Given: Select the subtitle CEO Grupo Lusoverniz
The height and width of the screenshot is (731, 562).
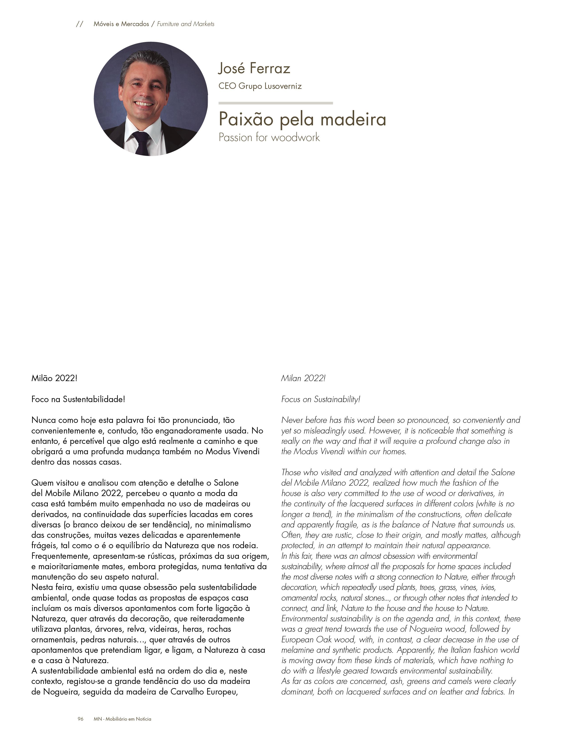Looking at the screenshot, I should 260,86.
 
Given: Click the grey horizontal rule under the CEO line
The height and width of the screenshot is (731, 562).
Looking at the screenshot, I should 275,103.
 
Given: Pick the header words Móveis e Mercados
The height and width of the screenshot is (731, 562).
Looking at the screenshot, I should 121,24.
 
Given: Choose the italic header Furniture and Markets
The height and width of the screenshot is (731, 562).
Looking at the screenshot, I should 186,24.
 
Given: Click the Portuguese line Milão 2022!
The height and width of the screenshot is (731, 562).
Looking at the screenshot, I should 54,378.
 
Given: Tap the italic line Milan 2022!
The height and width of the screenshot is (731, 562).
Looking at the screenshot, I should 303,378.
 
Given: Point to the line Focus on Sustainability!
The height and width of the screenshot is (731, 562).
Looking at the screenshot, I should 321,399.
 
